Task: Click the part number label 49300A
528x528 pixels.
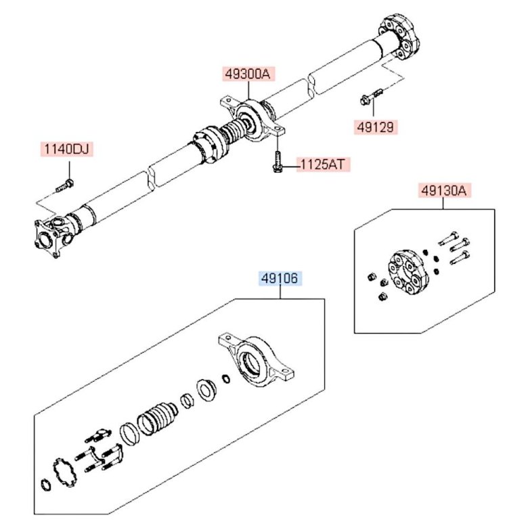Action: pyautogui.click(x=247, y=74)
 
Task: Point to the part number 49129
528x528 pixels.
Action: pyautogui.click(x=374, y=127)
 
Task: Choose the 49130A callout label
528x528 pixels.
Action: pyautogui.click(x=444, y=191)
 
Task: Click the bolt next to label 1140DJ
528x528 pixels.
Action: pyautogui.click(x=65, y=183)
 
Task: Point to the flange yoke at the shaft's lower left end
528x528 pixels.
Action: pyautogui.click(x=49, y=238)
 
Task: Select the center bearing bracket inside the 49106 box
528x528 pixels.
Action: pyautogui.click(x=258, y=362)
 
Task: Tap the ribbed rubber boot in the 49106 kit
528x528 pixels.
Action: pyautogui.click(x=156, y=418)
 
